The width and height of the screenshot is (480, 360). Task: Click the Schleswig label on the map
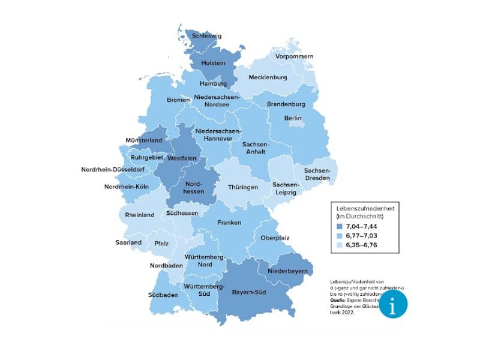pyautogui.click(x=206, y=36)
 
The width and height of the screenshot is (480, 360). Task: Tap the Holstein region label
pyautogui.click(x=213, y=62)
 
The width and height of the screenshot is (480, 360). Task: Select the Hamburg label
pyautogui.click(x=213, y=84)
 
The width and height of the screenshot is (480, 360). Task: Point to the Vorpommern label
pyautogui.click(x=294, y=56)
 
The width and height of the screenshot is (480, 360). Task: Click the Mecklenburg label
pyautogui.click(x=268, y=77)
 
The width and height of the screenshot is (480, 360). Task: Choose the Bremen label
pyautogui.click(x=178, y=100)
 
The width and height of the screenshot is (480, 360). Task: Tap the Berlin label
pyautogui.click(x=293, y=118)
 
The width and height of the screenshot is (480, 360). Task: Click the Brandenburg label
pyautogui.click(x=287, y=104)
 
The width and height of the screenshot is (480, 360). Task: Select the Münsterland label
pyautogui.click(x=143, y=140)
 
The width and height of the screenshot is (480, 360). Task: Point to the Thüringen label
pyautogui.click(x=243, y=187)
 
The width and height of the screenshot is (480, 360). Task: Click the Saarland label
pyautogui.click(x=128, y=242)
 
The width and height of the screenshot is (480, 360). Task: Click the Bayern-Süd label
pyautogui.click(x=249, y=292)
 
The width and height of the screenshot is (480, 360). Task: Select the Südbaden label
pyautogui.click(x=163, y=295)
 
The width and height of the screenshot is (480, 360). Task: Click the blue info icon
pyautogui.click(x=393, y=306)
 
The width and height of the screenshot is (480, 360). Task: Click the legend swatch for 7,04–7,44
pyautogui.click(x=339, y=227)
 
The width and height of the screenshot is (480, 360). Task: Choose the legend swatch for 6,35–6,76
pyautogui.click(x=339, y=245)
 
